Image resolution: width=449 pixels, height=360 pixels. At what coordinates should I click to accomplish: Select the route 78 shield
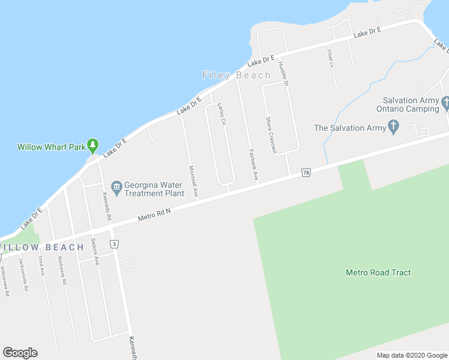coord(306,173)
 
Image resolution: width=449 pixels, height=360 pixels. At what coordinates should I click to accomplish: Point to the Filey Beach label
coord(237,75)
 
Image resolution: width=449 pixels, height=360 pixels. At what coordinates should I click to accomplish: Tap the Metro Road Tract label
coord(378,272)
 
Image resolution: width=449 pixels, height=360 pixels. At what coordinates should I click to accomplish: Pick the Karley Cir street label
coord(221,113)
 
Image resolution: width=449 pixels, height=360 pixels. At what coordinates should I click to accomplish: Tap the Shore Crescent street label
coord(271,135)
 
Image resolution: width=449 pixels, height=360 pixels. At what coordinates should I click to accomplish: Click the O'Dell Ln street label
coord(330,58)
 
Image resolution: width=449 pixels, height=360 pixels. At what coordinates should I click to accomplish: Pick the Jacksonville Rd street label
coord(23,274)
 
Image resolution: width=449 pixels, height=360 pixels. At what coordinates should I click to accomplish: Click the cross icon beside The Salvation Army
coord(393,127)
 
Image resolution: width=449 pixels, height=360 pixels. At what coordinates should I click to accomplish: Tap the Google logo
coord(20,353)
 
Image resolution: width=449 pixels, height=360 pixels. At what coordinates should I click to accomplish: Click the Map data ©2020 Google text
coord(411,355)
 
